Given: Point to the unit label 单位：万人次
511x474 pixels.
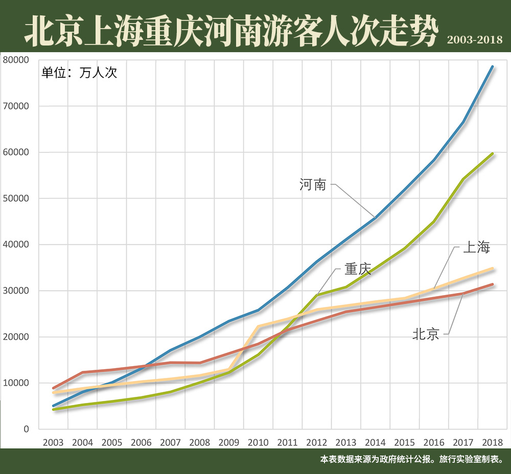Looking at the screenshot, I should tap(79, 73).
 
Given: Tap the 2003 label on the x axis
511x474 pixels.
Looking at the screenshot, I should tap(53, 442).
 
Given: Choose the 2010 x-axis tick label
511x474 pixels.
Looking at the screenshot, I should tap(258, 442).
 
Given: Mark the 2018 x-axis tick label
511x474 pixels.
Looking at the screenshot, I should tap(492, 442).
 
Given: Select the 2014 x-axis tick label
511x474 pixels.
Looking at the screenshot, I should tap(375, 442).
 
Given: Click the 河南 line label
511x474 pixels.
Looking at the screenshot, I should tap(312, 185).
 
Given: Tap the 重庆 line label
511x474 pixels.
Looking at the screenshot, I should tap(357, 269).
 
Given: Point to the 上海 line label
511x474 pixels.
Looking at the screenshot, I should tap(476, 247).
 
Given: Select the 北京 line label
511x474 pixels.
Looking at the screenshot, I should tap(426, 334).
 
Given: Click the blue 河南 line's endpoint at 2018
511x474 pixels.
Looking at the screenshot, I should tap(493, 66).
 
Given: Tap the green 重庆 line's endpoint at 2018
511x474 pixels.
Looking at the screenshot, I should tap(493, 153).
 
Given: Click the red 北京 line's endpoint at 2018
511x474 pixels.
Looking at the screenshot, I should tap(493, 284).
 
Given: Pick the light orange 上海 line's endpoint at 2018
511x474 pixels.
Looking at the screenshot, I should tap(493, 268).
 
